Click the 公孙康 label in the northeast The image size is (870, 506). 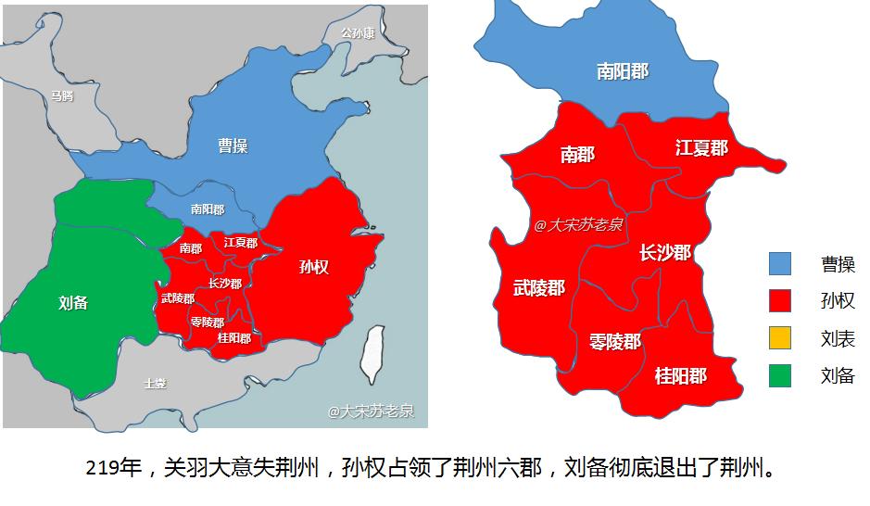358,33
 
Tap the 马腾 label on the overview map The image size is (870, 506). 62,95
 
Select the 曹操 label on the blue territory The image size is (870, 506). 233,145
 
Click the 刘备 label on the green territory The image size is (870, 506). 73,302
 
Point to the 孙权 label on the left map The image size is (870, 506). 314,268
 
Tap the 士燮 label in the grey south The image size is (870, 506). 155,383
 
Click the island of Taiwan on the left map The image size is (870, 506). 372,355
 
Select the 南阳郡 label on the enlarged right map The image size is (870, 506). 623,70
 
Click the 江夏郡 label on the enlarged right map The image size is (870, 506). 701,148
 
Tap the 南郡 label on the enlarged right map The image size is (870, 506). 577,155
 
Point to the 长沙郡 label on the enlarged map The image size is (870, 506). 665,252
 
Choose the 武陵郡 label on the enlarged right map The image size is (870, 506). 538,288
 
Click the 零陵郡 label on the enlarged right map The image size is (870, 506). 614,341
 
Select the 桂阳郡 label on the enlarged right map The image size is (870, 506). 680,375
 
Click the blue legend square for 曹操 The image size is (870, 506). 780,264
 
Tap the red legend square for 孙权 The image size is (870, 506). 780,301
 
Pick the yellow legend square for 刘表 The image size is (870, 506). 780,338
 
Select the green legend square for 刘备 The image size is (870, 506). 780,375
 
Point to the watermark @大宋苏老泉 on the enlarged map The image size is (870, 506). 579,224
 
